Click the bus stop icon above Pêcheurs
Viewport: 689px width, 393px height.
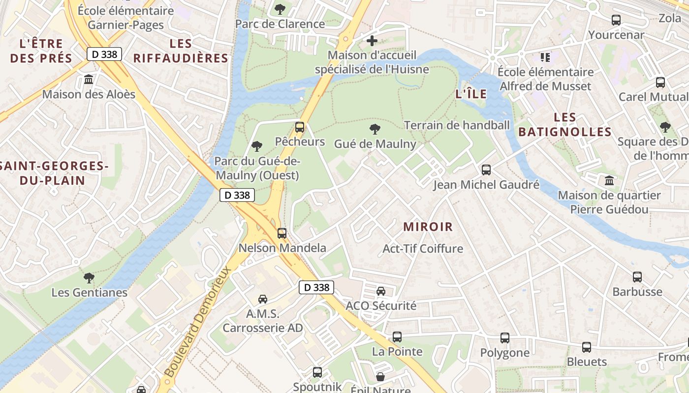(x=299, y=127)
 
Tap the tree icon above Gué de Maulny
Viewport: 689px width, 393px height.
(x=375, y=130)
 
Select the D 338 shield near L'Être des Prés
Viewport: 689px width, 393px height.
(x=104, y=54)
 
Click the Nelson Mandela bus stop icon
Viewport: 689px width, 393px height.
(x=282, y=233)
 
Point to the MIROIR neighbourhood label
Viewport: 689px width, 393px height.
(x=428, y=227)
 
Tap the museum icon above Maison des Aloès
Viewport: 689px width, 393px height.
(x=89, y=79)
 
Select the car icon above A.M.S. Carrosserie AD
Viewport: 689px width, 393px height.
(x=263, y=299)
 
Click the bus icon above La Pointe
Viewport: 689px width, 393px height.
(x=397, y=337)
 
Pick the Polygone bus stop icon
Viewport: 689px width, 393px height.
(x=505, y=338)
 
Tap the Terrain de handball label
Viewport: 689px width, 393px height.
(x=457, y=125)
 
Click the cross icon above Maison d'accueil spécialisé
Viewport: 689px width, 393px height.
(x=372, y=41)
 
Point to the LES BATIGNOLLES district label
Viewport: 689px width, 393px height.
(x=564, y=125)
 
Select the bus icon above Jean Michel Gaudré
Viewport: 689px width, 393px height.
(x=486, y=170)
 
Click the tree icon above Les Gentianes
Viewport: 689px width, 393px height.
(x=89, y=278)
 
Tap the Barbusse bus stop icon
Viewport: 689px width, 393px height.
(x=637, y=277)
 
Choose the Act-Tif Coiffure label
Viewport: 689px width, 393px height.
(x=423, y=249)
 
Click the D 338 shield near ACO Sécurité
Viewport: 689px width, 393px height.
(x=316, y=287)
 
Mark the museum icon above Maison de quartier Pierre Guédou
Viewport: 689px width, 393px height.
(x=609, y=180)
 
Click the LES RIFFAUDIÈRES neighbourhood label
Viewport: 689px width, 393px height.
(x=181, y=51)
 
